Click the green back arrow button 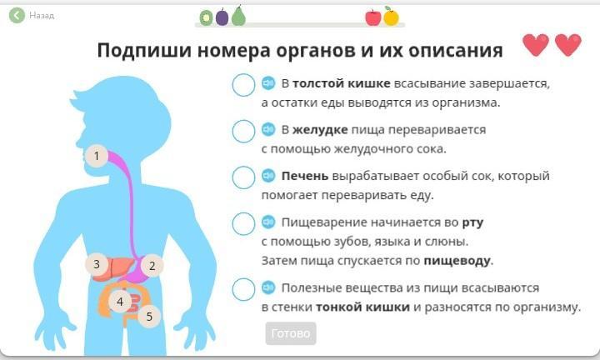(x=17, y=16)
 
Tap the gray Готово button (x=291, y=333)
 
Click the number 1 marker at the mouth (x=97, y=156)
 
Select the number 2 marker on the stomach (x=152, y=266)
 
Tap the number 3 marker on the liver (x=97, y=264)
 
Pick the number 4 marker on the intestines (x=120, y=302)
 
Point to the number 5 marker (x=149, y=317)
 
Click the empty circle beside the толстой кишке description (x=243, y=85)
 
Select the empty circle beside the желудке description (x=243, y=131)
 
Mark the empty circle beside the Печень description (x=243, y=177)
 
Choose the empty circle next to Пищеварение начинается (x=243, y=224)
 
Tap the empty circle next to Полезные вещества (x=243, y=289)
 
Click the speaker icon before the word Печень (x=268, y=176)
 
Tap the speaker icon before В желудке (x=268, y=129)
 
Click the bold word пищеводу (x=457, y=261)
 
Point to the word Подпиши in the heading (x=144, y=50)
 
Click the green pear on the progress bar (x=238, y=16)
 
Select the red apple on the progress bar (x=373, y=17)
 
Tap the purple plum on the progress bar (x=222, y=17)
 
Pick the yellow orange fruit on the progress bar (x=391, y=17)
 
